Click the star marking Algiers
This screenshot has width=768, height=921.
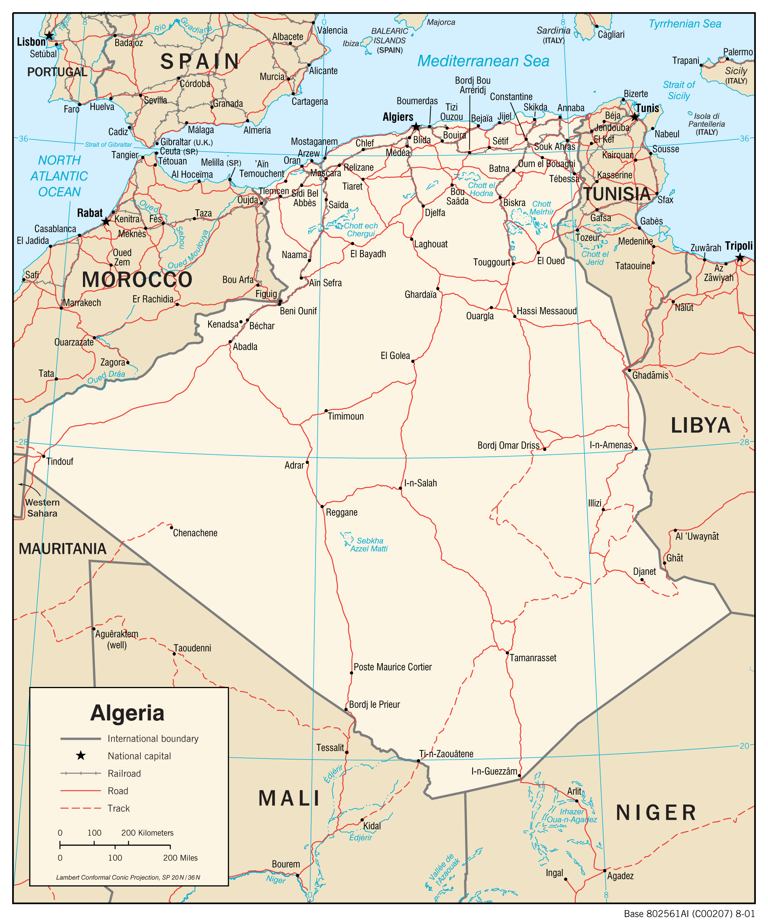pyautogui.click(x=416, y=127)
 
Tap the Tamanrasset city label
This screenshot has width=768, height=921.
pyautogui.click(x=532, y=658)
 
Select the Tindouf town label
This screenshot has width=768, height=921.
pyautogui.click(x=60, y=461)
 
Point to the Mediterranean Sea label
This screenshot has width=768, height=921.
pyautogui.click(x=483, y=61)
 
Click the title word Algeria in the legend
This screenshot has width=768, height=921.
pyautogui.click(x=127, y=713)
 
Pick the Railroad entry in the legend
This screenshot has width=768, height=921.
pyautogui.click(x=124, y=774)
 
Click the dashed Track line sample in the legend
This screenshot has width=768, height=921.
pyautogui.click(x=81, y=808)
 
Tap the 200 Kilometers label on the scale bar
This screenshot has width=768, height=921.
pyautogui.click(x=147, y=833)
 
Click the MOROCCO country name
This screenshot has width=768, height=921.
pyautogui.click(x=137, y=279)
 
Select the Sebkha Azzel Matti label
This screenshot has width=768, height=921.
pyautogui.click(x=369, y=545)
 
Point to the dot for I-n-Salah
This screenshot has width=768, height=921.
pyautogui.click(x=400, y=488)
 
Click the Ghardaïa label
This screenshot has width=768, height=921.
pyautogui.click(x=420, y=295)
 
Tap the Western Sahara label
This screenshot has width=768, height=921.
pyautogui.click(x=42, y=508)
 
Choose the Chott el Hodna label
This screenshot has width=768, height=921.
pyautogui.click(x=481, y=190)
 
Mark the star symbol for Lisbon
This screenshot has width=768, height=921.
pyautogui.click(x=49, y=35)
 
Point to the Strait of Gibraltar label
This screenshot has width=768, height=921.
pyautogui.click(x=108, y=144)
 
